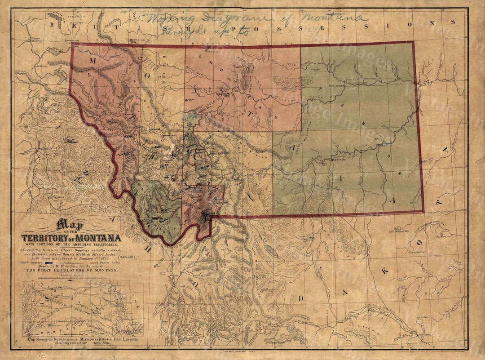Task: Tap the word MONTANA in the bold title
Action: point(98,238)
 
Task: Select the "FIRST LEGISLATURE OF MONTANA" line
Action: point(72,270)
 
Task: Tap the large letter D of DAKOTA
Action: point(302,298)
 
